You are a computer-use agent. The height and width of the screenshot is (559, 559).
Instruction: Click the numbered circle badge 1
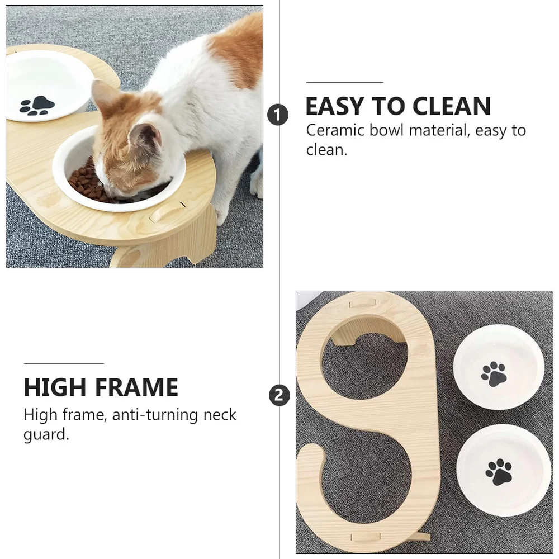pos(278,115)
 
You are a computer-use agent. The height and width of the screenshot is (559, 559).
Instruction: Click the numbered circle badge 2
pos(279,396)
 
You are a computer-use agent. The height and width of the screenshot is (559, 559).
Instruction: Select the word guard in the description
pos(46,435)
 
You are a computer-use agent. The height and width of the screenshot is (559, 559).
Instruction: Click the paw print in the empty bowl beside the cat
pos(37,105)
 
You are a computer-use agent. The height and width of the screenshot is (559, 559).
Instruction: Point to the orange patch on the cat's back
pos(238,50)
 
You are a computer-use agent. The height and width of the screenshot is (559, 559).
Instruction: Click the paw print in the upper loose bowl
pos(494,374)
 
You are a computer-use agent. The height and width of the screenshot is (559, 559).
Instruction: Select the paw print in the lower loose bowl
pos(499,472)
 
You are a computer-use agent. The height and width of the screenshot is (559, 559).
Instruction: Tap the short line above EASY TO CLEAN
pos(344,82)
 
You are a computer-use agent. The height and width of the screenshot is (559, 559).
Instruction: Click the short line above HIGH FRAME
pos(63,363)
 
